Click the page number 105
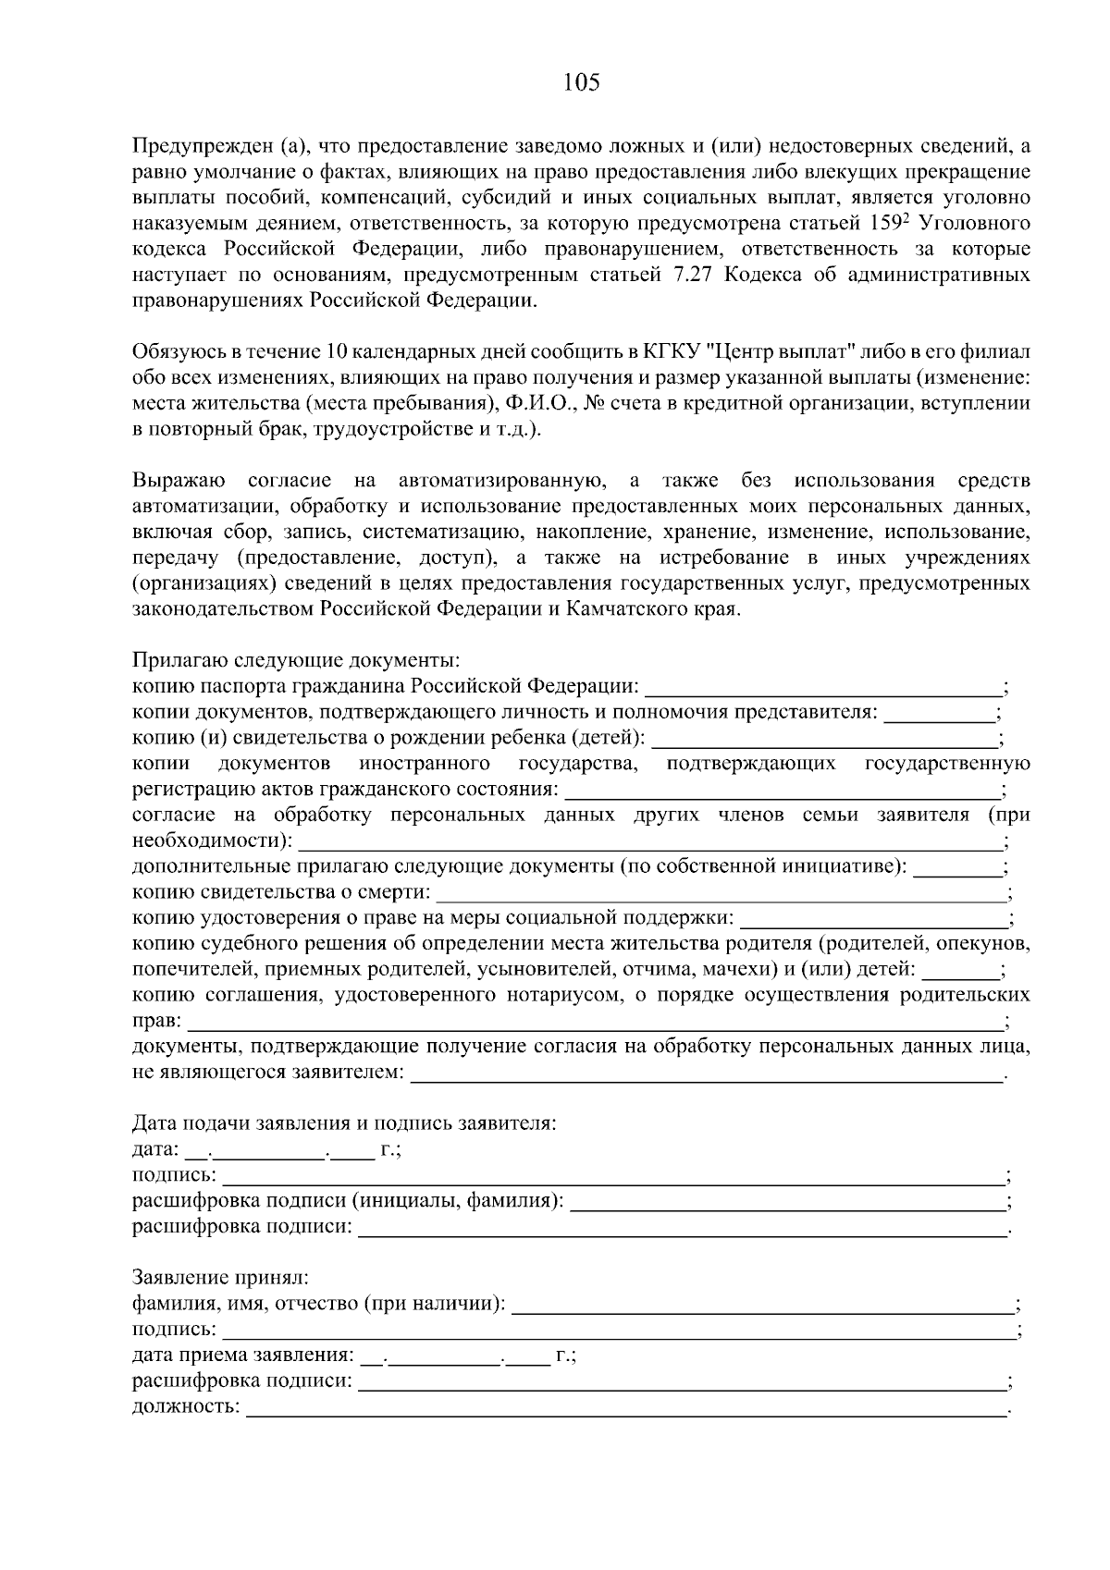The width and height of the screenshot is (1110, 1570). point(581,83)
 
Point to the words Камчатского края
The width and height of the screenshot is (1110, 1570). point(669,610)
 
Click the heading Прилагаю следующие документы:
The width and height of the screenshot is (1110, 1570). point(295,661)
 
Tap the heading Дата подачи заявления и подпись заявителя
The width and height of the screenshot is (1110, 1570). point(344,1124)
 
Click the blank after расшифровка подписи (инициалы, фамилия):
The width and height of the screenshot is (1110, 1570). point(788,1203)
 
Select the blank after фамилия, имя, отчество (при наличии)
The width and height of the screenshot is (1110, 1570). point(763,1306)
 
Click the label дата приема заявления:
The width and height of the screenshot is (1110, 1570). point(242,1356)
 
